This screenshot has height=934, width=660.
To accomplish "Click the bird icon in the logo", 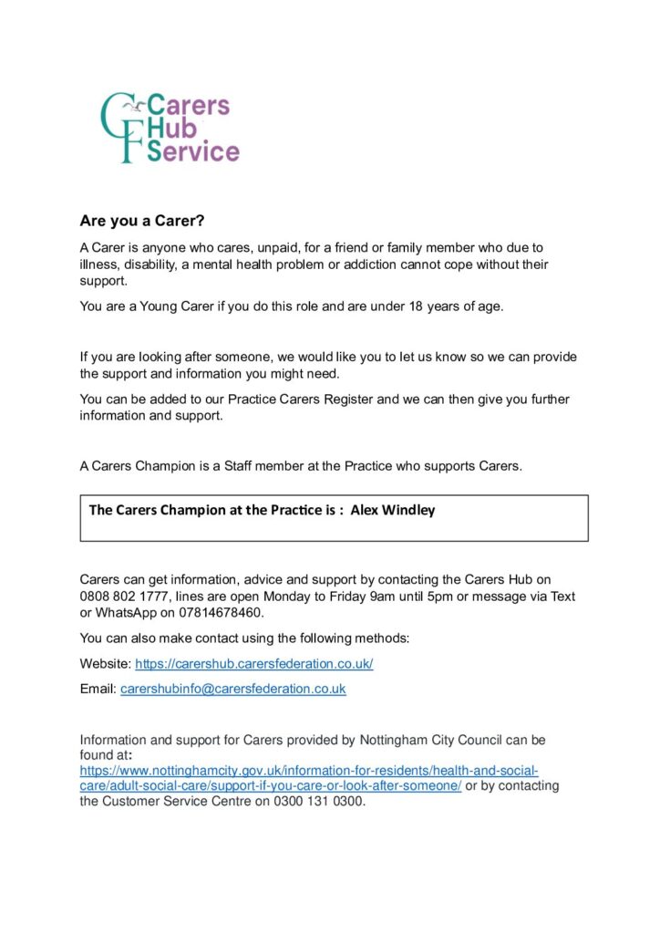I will click(138, 107).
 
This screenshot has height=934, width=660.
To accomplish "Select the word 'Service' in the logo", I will click(193, 151).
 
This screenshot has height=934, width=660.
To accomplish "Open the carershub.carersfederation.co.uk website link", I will click(254, 664).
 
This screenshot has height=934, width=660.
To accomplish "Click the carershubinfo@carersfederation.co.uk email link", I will click(233, 690).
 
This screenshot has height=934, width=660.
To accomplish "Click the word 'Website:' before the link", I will click(106, 664).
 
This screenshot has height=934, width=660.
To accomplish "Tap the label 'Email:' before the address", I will click(98, 690).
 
